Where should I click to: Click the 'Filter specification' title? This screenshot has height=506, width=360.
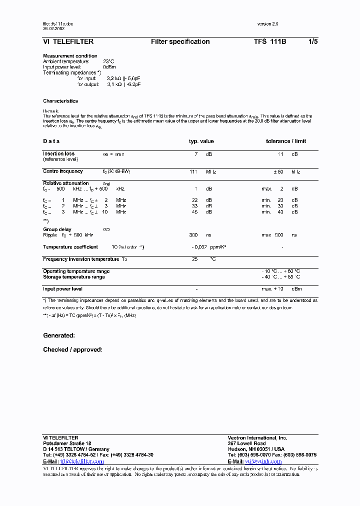[180, 42]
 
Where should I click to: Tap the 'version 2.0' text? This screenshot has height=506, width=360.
[267, 24]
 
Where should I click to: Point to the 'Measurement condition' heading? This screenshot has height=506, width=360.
[70, 56]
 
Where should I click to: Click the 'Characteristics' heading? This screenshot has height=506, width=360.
[60, 101]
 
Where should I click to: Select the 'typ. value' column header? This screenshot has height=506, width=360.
[201, 141]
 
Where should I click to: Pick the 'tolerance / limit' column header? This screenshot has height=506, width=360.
[285, 141]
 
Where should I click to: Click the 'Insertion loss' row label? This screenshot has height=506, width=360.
[58, 154]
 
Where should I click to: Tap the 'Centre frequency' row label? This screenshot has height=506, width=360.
[62, 171]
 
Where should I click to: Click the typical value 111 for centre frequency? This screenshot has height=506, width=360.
[193, 171]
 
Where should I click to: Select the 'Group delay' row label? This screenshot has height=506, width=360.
[57, 229]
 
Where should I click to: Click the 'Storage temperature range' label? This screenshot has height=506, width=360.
[74, 277]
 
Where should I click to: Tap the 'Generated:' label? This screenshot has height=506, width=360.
[59, 335]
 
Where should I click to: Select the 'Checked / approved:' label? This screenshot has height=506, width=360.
[72, 349]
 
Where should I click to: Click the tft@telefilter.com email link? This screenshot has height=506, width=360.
[82, 461]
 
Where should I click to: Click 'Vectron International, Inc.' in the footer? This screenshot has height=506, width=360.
[257, 438]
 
